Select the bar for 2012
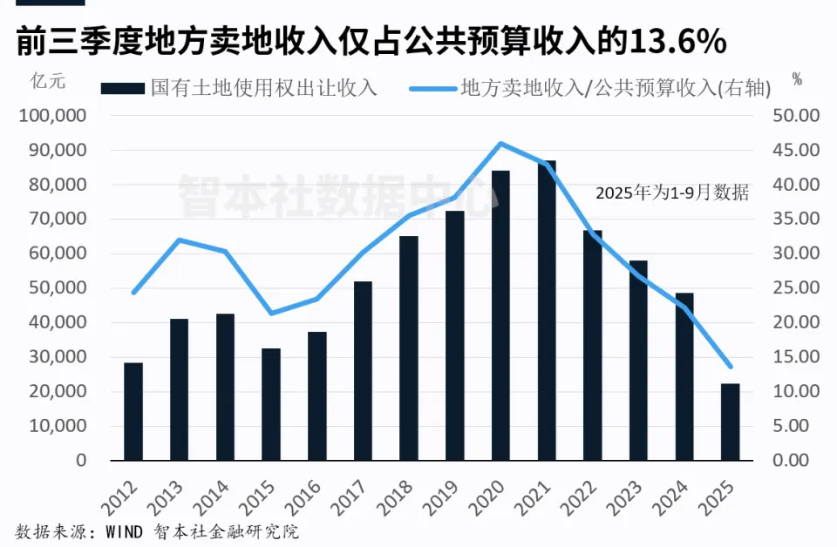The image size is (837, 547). [x=133, y=411]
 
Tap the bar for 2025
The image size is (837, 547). [x=730, y=422]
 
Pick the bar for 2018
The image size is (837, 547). [x=409, y=348]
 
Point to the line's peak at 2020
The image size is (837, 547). [x=500, y=144]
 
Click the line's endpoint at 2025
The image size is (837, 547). [x=730, y=367]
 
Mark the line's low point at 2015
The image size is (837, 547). [x=271, y=314]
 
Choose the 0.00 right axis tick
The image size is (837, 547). [x=799, y=461]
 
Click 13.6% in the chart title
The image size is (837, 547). [x=677, y=41]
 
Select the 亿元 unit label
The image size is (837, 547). [x=48, y=82]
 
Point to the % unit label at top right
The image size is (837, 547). [x=796, y=79]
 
